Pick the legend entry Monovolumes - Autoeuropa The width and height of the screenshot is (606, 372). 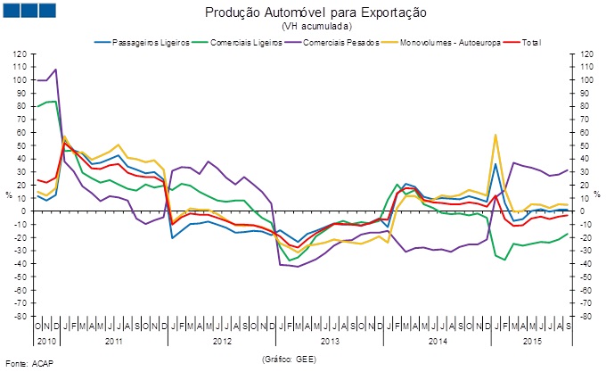coord(450,42)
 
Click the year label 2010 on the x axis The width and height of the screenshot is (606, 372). coord(46,341)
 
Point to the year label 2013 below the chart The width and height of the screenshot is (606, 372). coord(330,341)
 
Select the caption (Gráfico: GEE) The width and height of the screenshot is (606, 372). coord(290,358)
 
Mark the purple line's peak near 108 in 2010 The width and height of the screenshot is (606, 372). coord(56,70)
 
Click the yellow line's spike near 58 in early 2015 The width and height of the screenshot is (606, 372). coord(495,135)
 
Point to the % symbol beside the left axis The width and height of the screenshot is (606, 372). coord(7,194)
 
